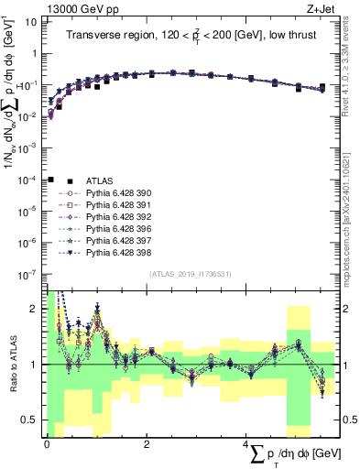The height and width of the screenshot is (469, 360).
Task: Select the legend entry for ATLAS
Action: click(x=100, y=181)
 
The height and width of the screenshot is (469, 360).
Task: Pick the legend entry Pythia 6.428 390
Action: click(x=117, y=194)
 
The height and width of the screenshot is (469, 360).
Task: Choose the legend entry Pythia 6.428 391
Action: click(x=117, y=208)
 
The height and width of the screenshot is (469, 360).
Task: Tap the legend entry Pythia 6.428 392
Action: click(x=117, y=222)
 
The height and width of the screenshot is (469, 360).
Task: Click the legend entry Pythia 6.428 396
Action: click(x=117, y=235)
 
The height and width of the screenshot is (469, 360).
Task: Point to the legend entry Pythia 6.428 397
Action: click(x=117, y=249)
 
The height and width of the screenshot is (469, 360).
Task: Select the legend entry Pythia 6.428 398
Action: click(x=117, y=263)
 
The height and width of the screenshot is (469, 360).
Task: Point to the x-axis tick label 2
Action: click(x=147, y=442)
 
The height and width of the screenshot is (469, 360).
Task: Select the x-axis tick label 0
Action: click(x=47, y=442)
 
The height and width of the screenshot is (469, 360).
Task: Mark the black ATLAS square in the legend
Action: click(x=51, y=180)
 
